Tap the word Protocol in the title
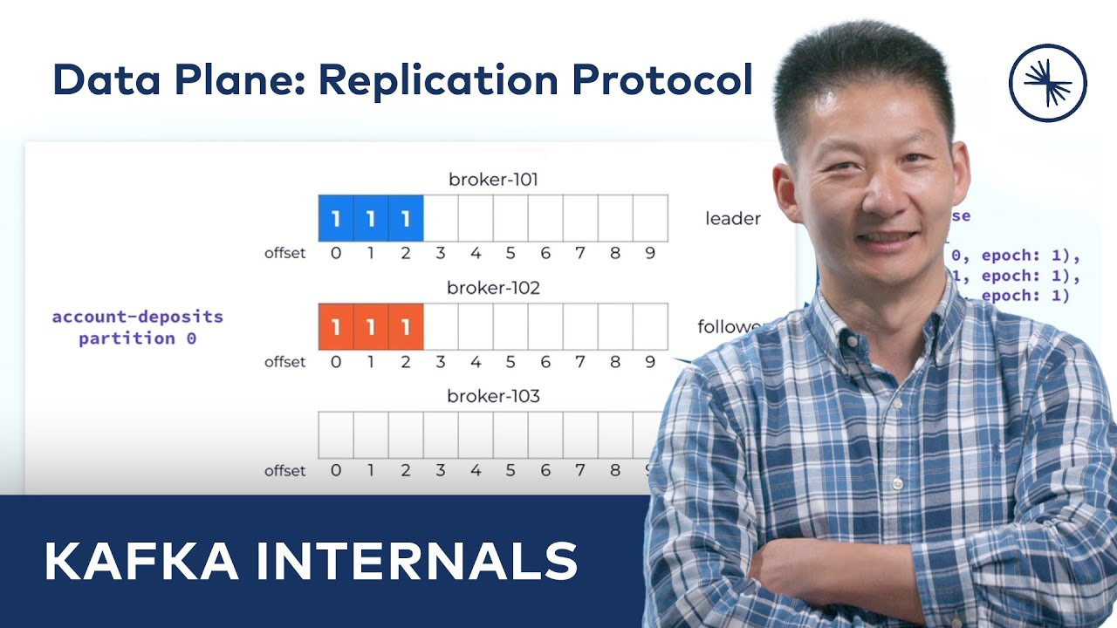[662, 80]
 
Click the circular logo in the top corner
[1047, 82]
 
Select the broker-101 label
[493, 181]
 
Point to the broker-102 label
[493, 288]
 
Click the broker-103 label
[493, 396]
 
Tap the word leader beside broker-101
[732, 219]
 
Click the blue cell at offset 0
[336, 218]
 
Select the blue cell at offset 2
[406, 218]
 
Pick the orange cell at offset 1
[371, 326]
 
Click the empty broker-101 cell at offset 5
[511, 218]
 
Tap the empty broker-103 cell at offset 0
[336, 434]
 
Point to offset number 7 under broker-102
[580, 362]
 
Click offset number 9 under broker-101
[650, 254]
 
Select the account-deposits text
[138, 317]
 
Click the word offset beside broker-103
[285, 471]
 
